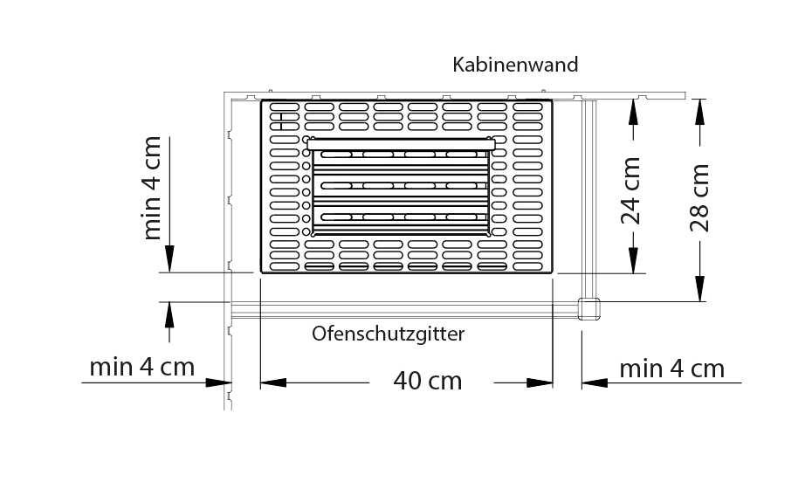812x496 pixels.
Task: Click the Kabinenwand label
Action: (515, 65)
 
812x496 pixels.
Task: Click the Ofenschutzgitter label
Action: (389, 334)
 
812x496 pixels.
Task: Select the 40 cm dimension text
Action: (427, 381)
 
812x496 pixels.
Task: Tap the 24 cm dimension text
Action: (632, 190)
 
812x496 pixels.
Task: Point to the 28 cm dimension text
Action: (700, 197)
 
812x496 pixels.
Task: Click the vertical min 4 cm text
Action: (152, 187)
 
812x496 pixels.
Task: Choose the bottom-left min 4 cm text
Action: (142, 366)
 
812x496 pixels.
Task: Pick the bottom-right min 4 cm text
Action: (671, 369)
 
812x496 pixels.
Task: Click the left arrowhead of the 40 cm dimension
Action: (273, 382)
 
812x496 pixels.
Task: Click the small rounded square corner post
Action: (588, 308)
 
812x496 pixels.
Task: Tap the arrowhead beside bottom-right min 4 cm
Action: (595, 382)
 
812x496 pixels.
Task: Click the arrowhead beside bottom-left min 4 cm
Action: (218, 382)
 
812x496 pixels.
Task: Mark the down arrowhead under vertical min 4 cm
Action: (169, 259)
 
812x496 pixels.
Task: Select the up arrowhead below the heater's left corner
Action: (169, 313)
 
